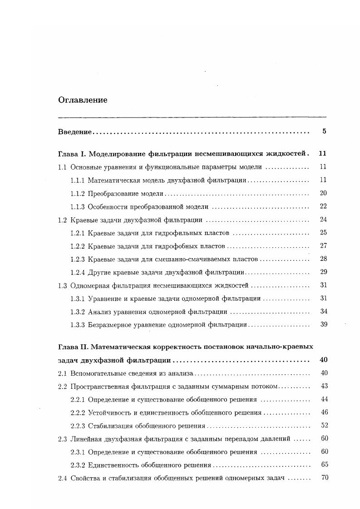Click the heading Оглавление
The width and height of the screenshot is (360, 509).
point(83,100)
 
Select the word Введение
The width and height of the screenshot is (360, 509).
point(75,132)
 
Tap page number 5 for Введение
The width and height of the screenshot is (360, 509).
point(324,132)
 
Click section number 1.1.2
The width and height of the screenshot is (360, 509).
point(78,193)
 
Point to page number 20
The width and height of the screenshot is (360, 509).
point(323,193)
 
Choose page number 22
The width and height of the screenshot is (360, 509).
point(323,206)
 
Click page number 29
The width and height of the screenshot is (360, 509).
point(324,272)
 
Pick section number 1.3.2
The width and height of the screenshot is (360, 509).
point(78,312)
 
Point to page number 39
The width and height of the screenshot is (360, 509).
point(324,325)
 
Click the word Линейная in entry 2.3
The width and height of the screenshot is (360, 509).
point(85,439)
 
